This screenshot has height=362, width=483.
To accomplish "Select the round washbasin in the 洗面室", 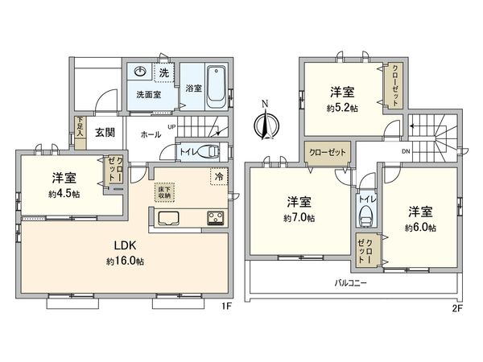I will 141,72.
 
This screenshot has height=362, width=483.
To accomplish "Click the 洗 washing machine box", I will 164,73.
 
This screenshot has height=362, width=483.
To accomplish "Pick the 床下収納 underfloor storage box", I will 163,193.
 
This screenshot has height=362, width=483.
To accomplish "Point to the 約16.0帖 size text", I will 123,261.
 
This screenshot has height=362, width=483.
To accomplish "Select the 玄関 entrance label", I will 103,133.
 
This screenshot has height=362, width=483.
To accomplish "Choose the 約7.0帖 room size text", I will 299,218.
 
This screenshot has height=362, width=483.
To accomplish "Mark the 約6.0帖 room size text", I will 420,228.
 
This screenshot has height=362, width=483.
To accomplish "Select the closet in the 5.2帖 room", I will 394,84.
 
